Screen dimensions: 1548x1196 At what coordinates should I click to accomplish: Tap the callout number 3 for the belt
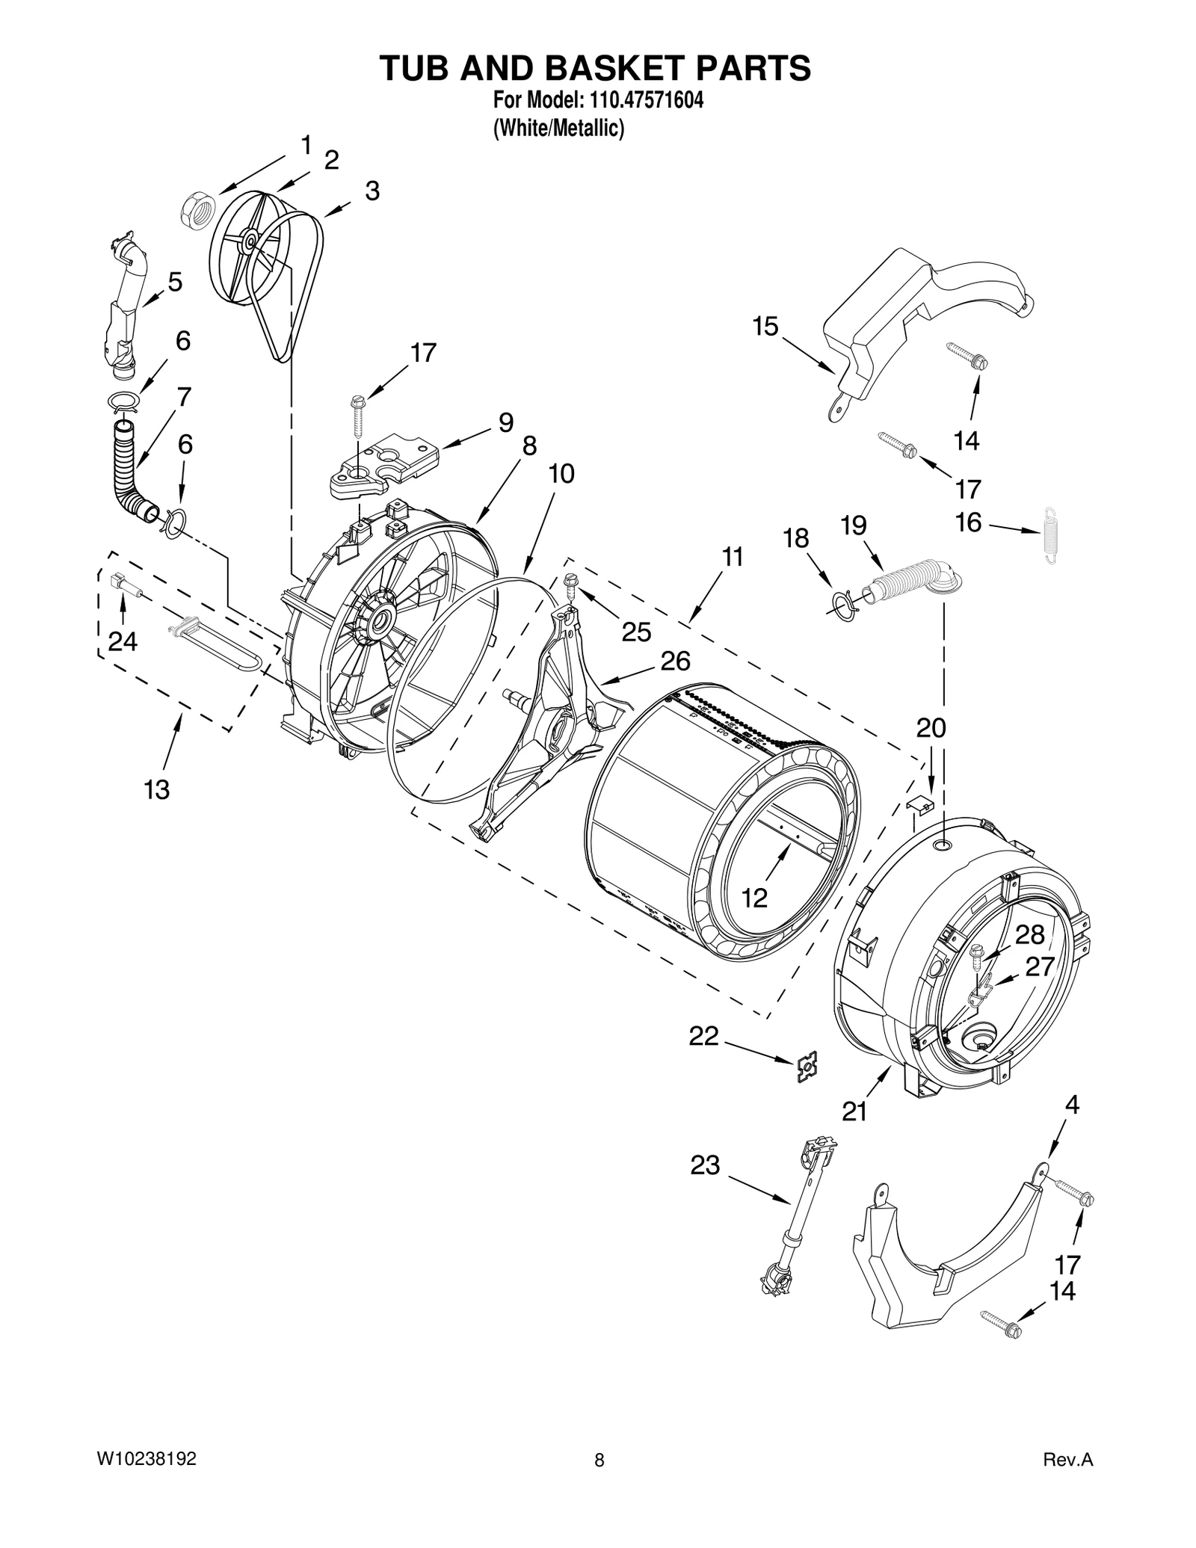click(372, 191)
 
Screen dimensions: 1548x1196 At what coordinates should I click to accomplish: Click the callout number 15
click(765, 327)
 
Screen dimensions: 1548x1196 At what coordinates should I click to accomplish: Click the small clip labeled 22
click(806, 1067)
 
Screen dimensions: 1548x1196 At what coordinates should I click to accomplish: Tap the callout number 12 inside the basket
click(755, 898)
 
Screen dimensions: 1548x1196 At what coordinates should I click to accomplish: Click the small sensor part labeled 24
click(124, 583)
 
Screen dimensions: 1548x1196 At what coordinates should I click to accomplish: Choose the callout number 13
click(157, 789)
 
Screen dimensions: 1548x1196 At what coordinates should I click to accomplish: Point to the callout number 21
click(854, 1112)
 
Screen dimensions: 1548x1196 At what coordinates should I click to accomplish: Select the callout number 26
click(675, 661)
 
